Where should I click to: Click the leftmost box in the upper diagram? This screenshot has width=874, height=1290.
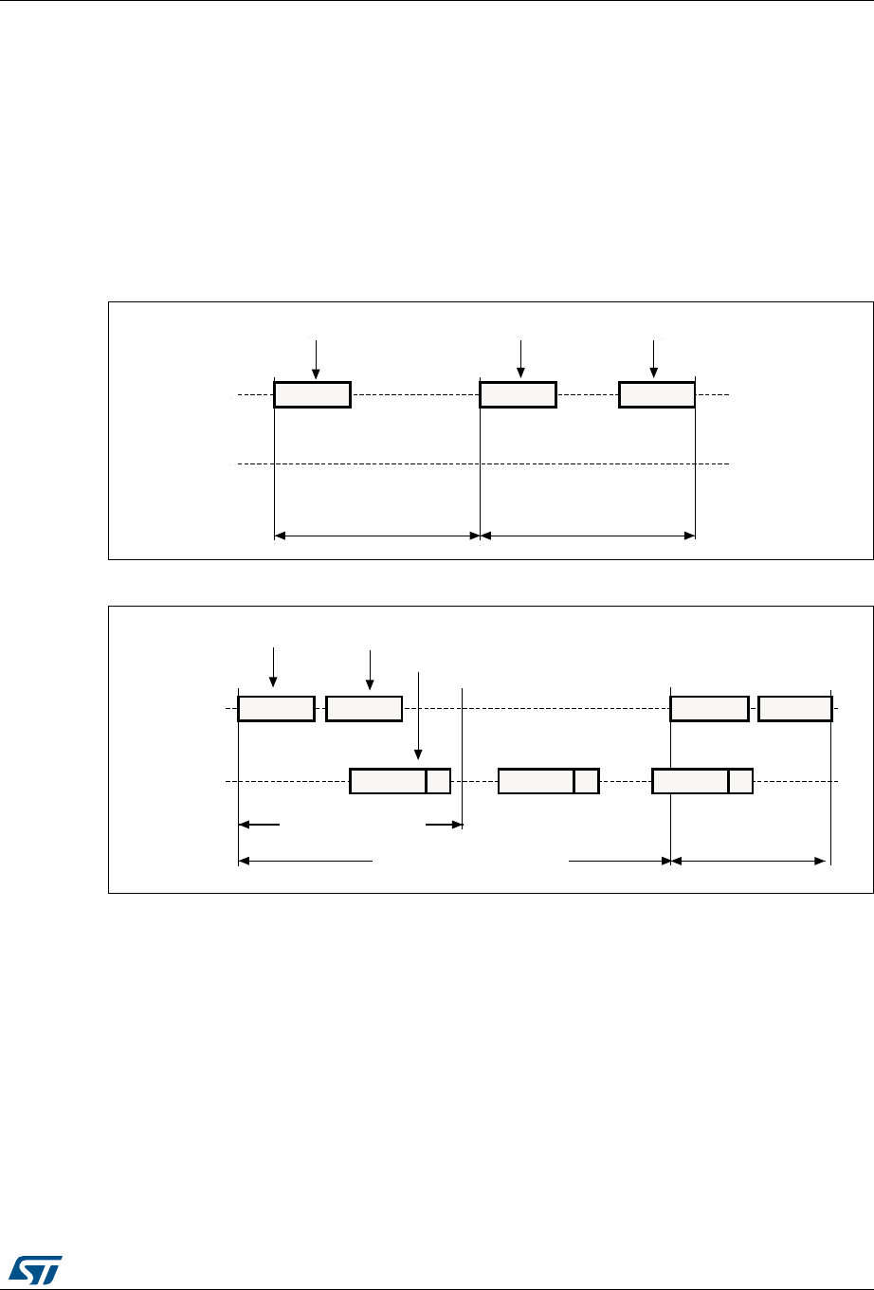tap(312, 394)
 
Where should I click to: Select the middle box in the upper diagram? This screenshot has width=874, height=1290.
tap(518, 394)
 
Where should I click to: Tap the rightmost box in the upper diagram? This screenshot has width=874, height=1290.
tap(656, 394)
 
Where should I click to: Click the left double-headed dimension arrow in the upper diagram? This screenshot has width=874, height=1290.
tap(377, 536)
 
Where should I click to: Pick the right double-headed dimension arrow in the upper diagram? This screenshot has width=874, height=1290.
tap(588, 536)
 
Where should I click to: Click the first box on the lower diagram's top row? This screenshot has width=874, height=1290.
tap(276, 708)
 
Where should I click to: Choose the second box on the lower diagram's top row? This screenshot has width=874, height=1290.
tap(364, 708)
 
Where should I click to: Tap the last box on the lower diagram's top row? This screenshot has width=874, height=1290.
tap(795, 708)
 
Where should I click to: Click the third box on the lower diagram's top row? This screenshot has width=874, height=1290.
tap(709, 708)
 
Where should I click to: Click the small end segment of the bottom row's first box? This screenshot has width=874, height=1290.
tap(438, 781)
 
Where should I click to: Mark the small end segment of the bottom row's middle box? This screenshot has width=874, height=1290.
tap(587, 781)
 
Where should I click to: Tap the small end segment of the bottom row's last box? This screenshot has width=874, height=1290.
tap(740, 781)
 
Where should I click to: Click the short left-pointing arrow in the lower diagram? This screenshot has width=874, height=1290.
tap(260, 825)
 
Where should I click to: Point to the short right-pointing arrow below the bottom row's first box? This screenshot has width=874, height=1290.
tap(443, 825)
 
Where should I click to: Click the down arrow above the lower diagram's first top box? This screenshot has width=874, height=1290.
tap(273, 665)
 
